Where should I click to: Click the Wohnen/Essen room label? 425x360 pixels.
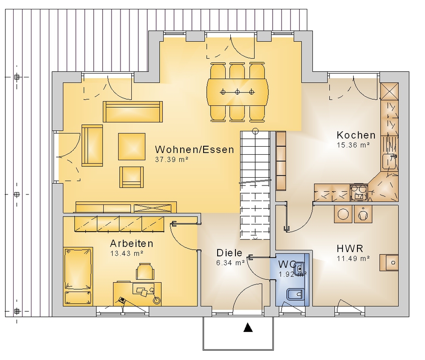point(194,150)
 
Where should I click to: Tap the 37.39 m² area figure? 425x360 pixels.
point(172,159)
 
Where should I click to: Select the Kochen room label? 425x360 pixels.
point(356,135)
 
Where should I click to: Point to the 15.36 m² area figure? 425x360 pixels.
point(353,145)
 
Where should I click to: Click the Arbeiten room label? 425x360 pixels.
point(131,244)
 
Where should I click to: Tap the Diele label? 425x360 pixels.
point(229,253)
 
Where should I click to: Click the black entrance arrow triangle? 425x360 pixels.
point(248,328)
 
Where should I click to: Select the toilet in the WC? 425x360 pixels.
point(296,294)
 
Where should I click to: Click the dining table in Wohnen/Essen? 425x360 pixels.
point(237,92)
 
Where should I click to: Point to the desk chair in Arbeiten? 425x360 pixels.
point(145,271)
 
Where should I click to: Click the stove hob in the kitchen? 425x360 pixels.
point(359,193)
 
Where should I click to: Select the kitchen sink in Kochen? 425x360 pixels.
point(389,162)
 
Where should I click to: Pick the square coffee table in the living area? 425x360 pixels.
point(132,146)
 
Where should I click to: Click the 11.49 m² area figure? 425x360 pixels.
point(353,258)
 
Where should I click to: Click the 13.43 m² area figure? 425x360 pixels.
point(127,254)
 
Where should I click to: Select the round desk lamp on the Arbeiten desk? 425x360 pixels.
point(156,300)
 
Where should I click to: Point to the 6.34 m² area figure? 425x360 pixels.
point(231,263)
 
